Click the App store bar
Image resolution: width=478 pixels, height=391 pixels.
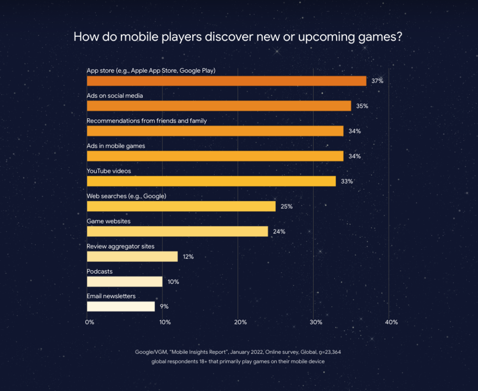(x=226, y=81)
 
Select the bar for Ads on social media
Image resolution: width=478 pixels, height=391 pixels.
(x=219, y=106)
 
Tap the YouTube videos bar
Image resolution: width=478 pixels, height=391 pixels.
(x=211, y=181)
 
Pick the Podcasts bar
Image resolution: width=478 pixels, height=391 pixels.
(x=125, y=281)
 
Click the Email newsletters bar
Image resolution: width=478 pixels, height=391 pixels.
(x=121, y=306)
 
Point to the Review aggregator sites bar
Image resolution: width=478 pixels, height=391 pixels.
(x=132, y=256)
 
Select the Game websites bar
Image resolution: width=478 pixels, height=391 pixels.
(x=177, y=231)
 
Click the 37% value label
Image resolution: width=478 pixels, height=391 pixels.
(x=377, y=81)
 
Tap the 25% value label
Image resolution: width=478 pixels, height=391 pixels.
(x=287, y=206)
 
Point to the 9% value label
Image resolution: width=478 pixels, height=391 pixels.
(x=164, y=306)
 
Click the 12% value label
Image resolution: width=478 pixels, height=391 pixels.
(x=188, y=256)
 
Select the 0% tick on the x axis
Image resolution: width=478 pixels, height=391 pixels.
(x=90, y=322)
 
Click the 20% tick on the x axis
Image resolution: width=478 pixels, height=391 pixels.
(x=240, y=322)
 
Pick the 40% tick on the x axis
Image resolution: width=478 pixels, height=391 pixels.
(x=392, y=322)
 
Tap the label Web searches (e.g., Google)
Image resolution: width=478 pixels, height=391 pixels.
(x=127, y=196)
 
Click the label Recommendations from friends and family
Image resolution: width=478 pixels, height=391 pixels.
(x=147, y=121)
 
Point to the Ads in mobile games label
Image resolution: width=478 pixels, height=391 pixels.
(x=116, y=146)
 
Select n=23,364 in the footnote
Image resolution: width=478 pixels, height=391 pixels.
(x=330, y=352)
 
